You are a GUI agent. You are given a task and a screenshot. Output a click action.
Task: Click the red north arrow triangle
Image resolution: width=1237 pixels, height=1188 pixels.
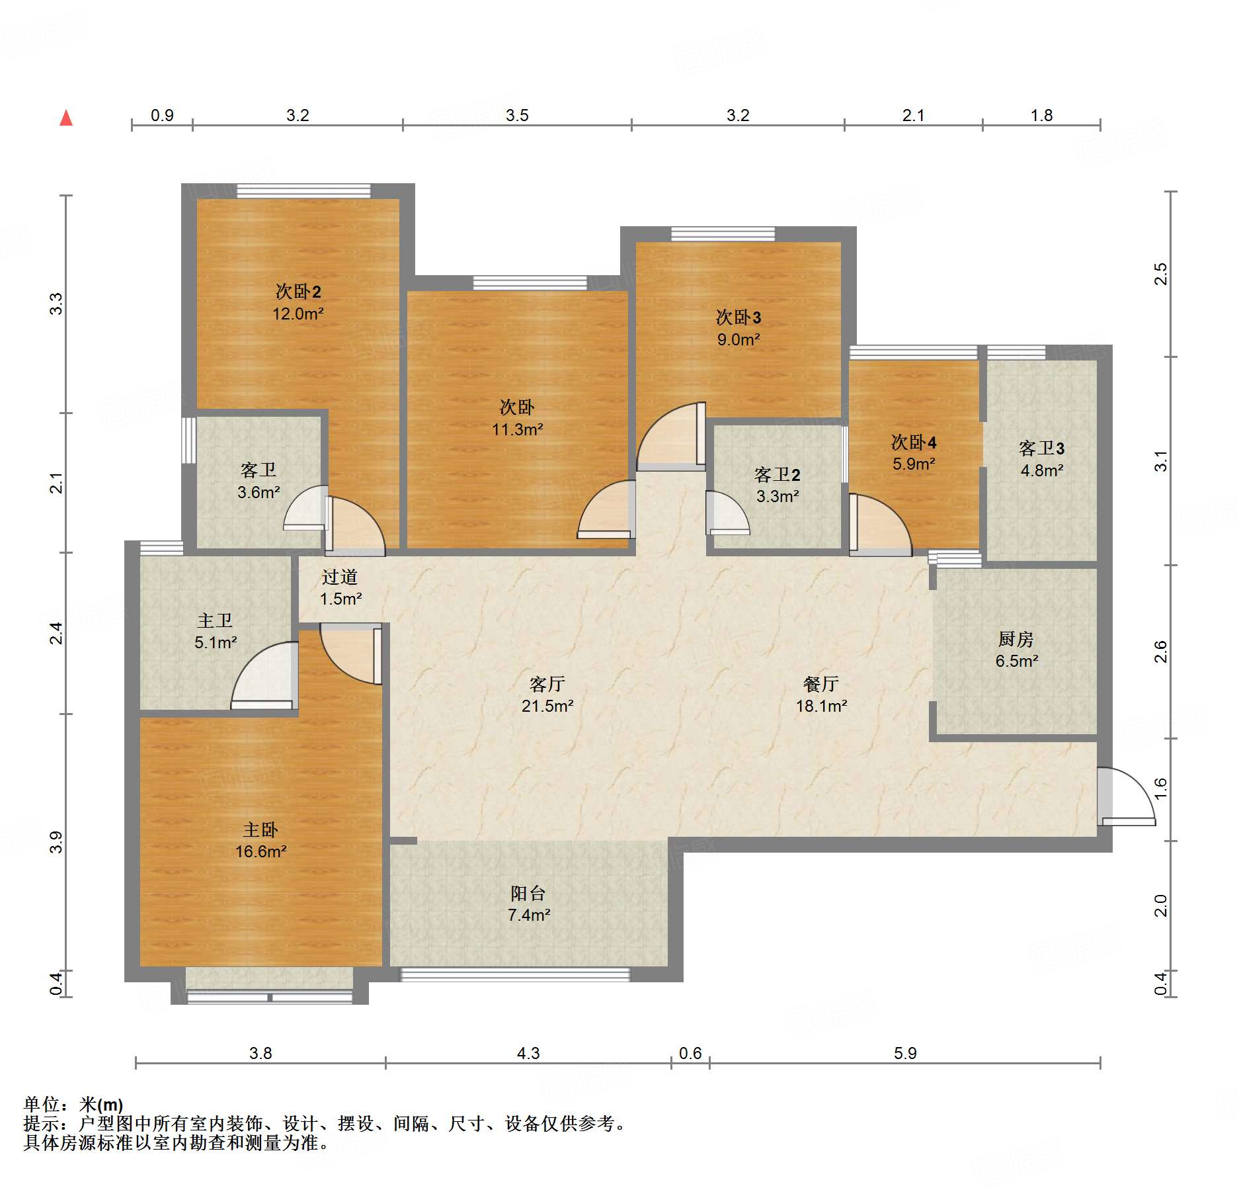[x=66, y=118]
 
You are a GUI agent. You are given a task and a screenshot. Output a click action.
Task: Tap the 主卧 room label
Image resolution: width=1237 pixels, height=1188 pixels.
[x=260, y=829]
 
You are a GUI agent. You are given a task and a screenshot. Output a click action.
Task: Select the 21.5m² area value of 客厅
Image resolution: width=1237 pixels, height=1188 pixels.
[x=547, y=706]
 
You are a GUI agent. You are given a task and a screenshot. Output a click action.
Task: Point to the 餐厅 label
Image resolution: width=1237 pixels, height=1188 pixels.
[x=821, y=684]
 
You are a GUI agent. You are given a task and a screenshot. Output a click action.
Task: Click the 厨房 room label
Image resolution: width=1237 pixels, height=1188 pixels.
[x=1016, y=639]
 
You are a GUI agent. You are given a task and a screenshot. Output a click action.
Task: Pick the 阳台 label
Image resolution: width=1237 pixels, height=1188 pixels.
[x=528, y=894]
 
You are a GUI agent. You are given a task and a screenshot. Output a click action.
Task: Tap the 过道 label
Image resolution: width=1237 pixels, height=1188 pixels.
[x=340, y=577]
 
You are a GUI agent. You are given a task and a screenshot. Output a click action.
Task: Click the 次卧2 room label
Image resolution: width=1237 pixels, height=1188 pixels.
[x=298, y=291]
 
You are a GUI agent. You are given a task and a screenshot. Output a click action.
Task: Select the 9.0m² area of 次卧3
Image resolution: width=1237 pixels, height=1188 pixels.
[x=738, y=339]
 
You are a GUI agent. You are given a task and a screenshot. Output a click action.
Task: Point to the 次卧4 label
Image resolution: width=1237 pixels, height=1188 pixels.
[x=914, y=442]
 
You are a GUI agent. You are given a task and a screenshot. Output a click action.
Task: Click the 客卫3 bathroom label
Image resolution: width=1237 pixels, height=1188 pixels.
[x=1042, y=448]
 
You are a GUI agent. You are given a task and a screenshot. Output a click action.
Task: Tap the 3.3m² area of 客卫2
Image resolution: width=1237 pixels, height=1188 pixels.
[x=778, y=496]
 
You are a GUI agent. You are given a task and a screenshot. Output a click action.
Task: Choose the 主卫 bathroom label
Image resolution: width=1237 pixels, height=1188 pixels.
[x=215, y=620]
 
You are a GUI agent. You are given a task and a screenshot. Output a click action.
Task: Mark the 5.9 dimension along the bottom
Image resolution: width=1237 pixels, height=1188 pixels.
[x=905, y=1053]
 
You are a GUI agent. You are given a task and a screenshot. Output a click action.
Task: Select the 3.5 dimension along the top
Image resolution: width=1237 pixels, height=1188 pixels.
[x=517, y=115]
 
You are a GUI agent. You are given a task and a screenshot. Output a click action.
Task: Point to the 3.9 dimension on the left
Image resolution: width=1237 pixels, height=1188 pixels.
[x=56, y=842]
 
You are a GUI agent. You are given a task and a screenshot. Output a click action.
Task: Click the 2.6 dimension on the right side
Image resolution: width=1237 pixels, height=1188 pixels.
[x=1161, y=652]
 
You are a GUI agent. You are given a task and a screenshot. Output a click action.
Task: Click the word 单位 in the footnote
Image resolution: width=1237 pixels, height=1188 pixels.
[x=42, y=1104]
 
